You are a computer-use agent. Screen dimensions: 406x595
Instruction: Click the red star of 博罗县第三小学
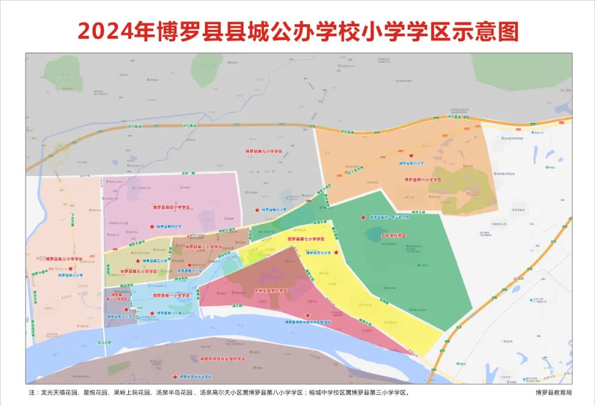pyautogui.click(x=71, y=269)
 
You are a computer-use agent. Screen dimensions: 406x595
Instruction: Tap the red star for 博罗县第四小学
pyautogui.click(x=152, y=227)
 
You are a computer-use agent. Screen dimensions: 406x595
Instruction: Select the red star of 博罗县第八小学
pyautogui.click(x=410, y=157)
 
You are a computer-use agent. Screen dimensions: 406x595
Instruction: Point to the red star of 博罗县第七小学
pyautogui.click(x=336, y=252)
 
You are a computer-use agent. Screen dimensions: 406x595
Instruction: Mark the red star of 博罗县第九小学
pyautogui.click(x=257, y=210)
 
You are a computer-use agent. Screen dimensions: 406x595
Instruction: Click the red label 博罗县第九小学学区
pyautogui.click(x=263, y=151)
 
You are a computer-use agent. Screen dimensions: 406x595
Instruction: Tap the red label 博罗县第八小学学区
pyautogui.click(x=423, y=179)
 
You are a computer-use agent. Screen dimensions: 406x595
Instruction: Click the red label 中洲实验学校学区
pyautogui.click(x=271, y=290)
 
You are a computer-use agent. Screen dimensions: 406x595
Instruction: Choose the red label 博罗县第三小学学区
pyautogui.click(x=64, y=259)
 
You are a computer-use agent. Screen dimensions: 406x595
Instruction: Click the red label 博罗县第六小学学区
pyautogui.click(x=203, y=247)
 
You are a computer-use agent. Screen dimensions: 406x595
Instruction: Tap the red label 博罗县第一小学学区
pyautogui.click(x=163, y=296)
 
